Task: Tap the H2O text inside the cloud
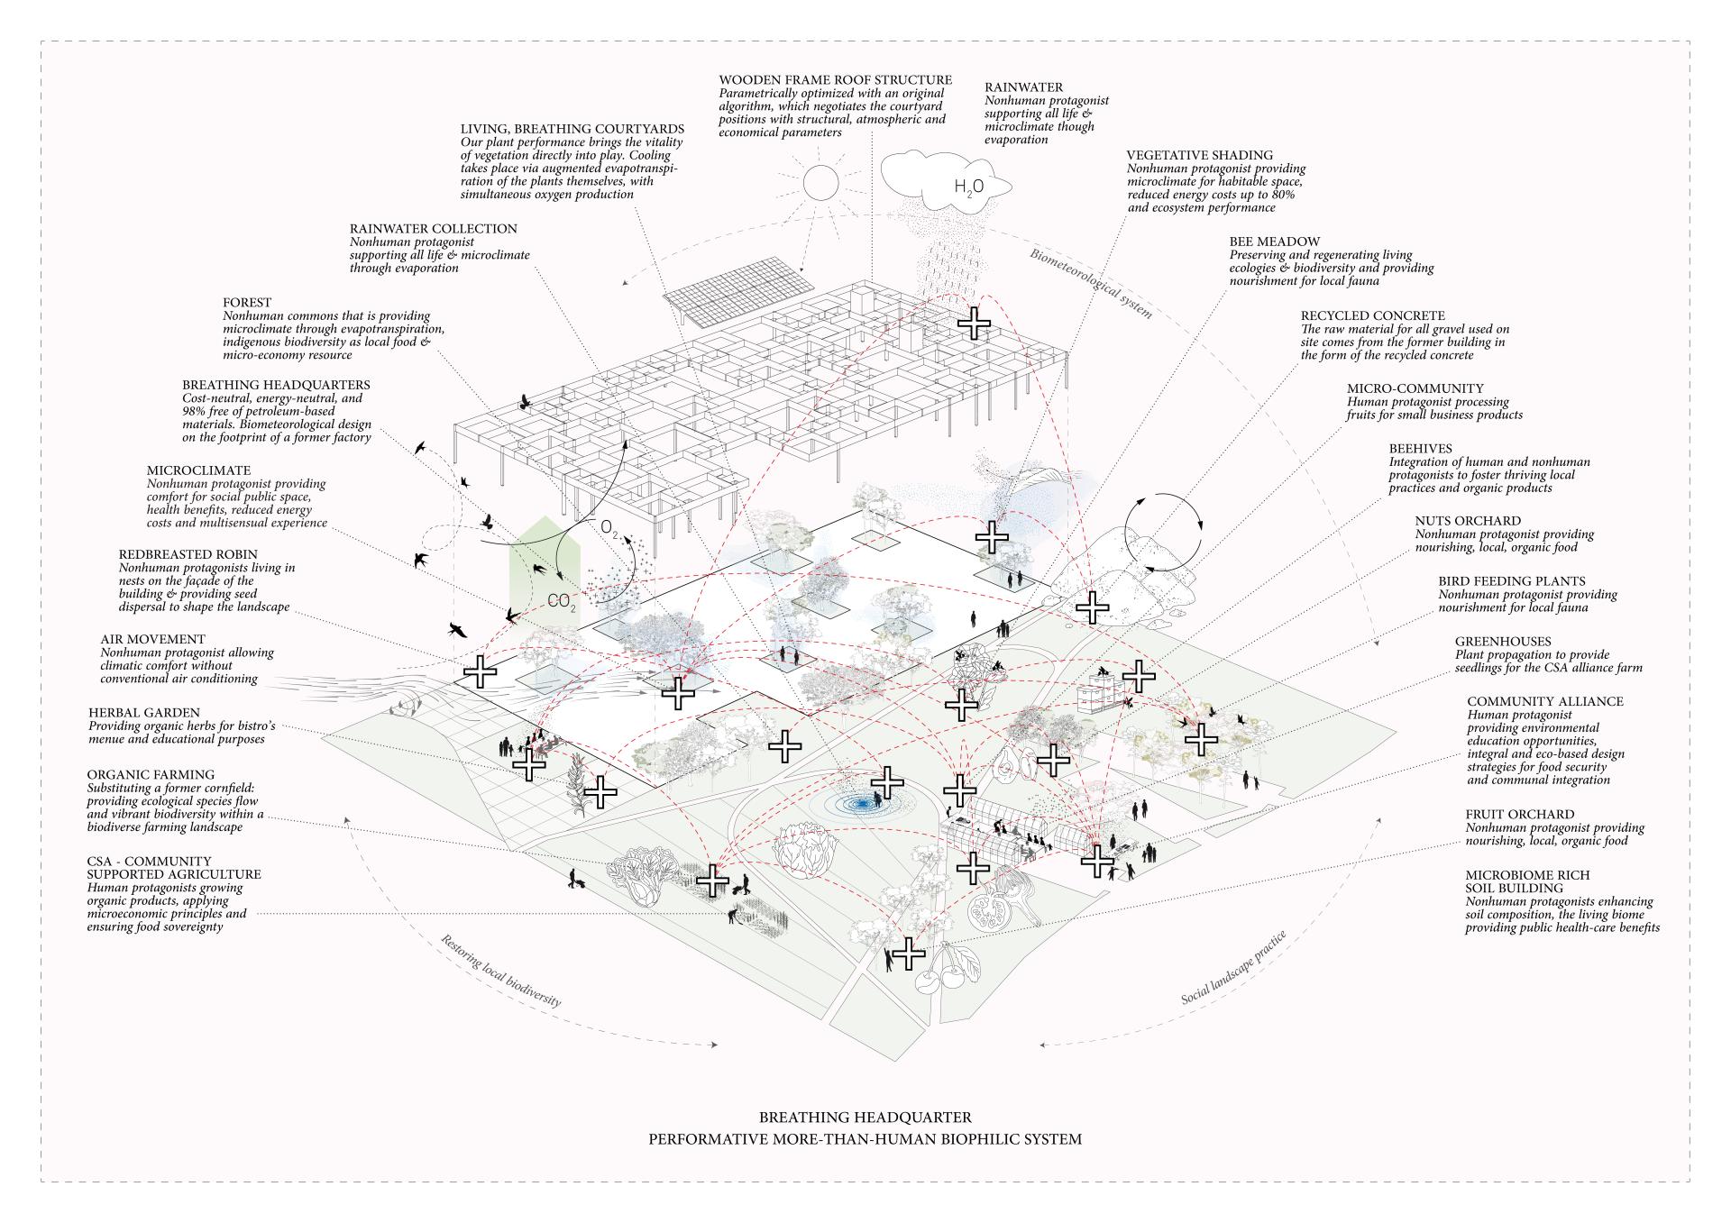(968, 187)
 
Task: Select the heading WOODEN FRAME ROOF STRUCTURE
(835, 81)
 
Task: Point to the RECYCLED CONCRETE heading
(1372, 316)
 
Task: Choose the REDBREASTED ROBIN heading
(188, 554)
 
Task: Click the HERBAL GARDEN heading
(144, 713)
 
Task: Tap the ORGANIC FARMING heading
(151, 774)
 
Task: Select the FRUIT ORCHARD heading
(1519, 814)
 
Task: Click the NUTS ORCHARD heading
(1467, 521)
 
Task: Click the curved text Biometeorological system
(1091, 282)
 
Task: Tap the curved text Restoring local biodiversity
(500, 970)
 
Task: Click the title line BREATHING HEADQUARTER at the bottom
(865, 1118)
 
